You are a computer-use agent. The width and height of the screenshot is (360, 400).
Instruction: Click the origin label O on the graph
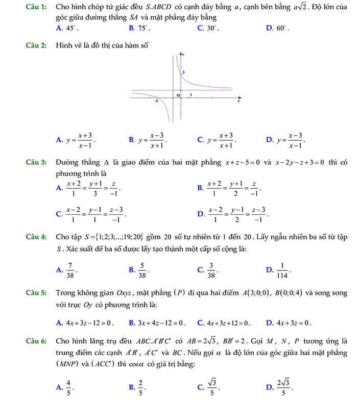pos(178,95)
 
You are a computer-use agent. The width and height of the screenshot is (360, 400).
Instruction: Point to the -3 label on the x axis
pos(157,102)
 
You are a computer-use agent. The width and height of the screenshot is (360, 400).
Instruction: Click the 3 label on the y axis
pos(183,73)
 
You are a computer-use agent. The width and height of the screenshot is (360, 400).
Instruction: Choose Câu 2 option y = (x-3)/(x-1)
pos(291,139)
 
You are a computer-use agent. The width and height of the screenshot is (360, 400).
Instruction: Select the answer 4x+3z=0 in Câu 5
pos(292,322)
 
